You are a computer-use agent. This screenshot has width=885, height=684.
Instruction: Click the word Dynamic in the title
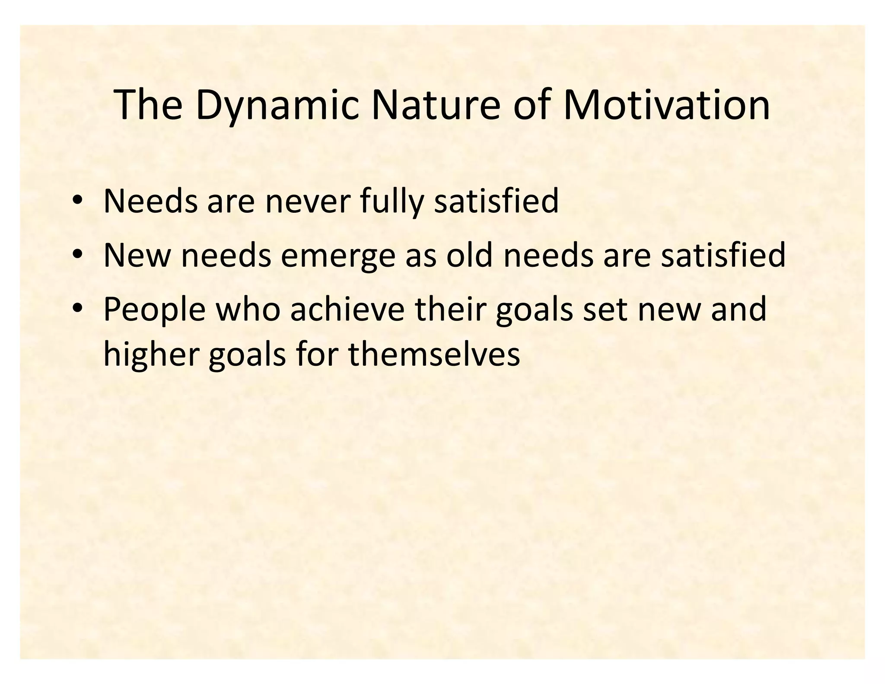point(277,105)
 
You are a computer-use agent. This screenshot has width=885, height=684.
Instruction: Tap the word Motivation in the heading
point(666,105)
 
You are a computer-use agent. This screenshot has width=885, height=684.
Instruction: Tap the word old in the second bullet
point(469,256)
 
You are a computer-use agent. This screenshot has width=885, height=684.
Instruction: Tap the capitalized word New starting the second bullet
point(137,256)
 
